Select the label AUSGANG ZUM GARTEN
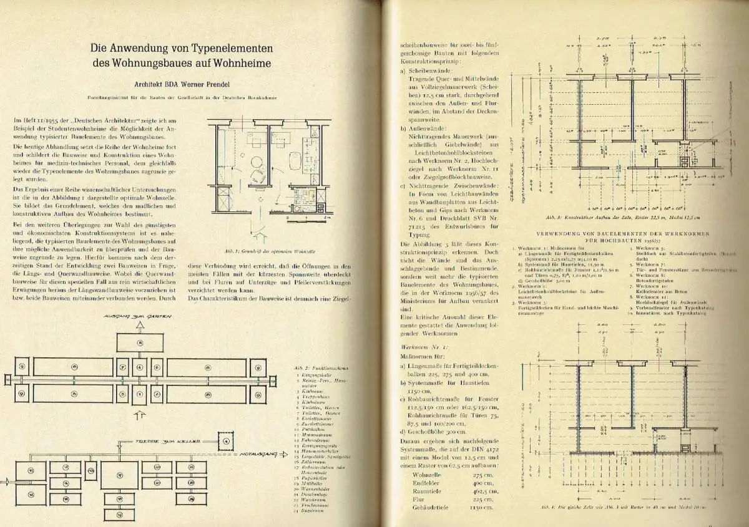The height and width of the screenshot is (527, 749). coord(139,317)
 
